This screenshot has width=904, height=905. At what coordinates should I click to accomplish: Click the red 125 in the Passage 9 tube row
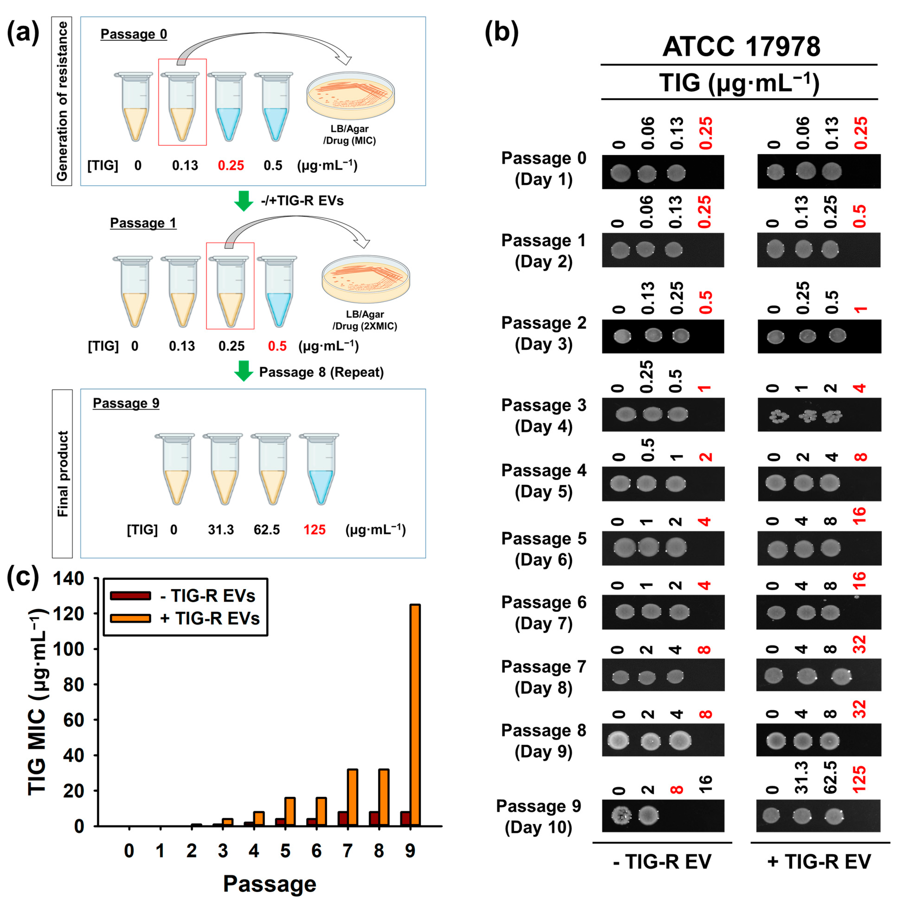[x=314, y=530]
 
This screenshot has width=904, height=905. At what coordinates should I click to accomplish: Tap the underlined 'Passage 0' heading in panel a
[x=134, y=34]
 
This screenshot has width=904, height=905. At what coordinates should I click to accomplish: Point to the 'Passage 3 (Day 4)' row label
[x=544, y=416]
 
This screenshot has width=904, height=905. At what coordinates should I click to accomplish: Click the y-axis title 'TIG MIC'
[x=38, y=703]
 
